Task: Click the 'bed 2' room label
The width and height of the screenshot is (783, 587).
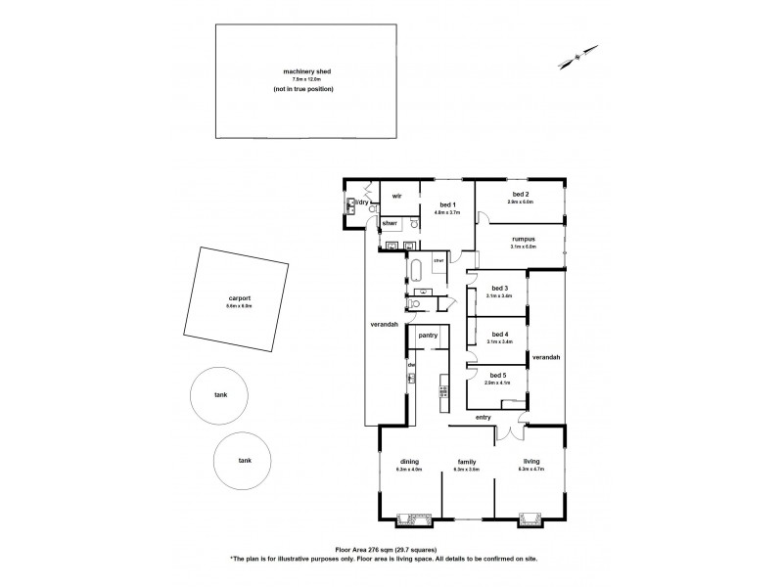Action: tap(520, 195)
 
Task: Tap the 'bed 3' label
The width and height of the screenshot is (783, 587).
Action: tap(499, 288)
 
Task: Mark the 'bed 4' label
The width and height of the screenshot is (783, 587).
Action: tap(499, 334)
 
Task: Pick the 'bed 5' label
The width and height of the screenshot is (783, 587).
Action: tap(498, 375)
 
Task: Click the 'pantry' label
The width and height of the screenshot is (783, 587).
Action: tap(427, 336)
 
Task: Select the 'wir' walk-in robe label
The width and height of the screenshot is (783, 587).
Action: tap(397, 196)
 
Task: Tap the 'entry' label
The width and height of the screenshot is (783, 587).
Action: tap(483, 418)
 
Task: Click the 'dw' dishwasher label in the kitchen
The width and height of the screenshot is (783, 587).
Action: tap(412, 365)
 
